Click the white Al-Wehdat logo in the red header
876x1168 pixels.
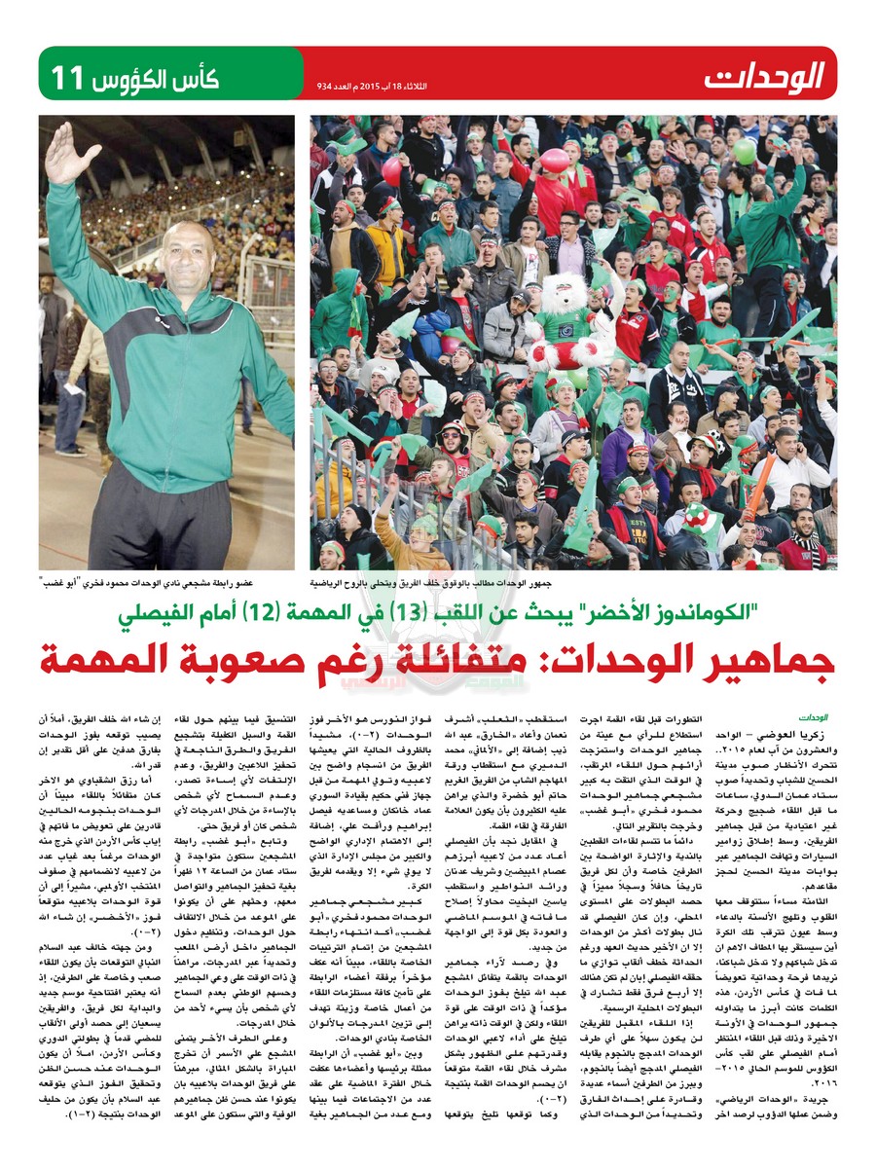point(767,74)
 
